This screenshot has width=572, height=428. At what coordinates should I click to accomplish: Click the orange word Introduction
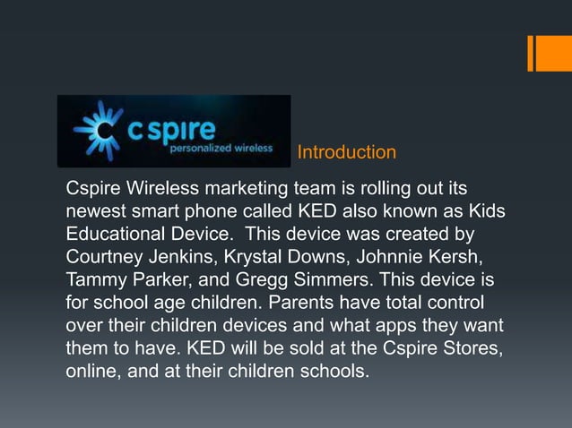click(346, 153)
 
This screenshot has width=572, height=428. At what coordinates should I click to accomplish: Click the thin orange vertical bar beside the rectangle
click(530, 53)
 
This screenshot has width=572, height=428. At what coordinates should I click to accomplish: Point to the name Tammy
click(95, 280)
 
